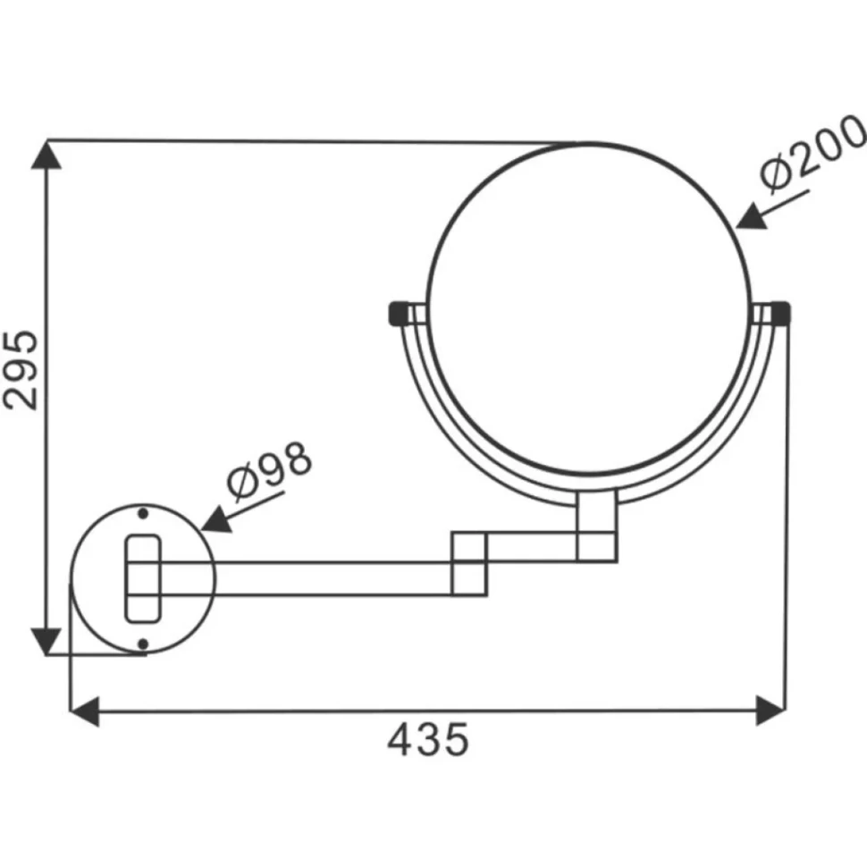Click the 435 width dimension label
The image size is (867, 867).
[x=428, y=740]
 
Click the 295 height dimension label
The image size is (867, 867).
[x=21, y=370]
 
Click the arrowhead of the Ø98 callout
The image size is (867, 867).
[x=217, y=520]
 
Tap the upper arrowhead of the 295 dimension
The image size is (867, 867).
[x=46, y=155]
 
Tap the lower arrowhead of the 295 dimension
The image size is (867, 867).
[x=46, y=641]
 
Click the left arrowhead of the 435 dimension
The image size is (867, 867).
[x=85, y=711]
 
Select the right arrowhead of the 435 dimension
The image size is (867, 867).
[x=770, y=711]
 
